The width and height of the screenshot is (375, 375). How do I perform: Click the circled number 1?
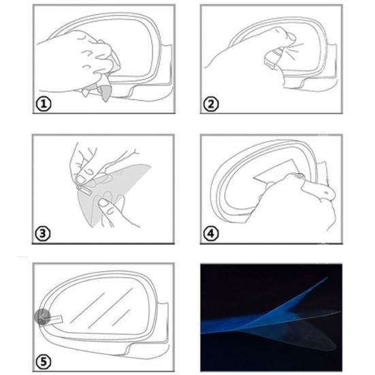pyautogui.click(x=44, y=104)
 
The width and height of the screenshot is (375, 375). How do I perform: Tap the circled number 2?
pyautogui.click(x=211, y=104)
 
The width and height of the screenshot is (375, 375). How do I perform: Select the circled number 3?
pyautogui.click(x=43, y=233)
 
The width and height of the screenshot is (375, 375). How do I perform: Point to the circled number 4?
pyautogui.click(x=211, y=233)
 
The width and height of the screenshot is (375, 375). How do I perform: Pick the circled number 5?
pyautogui.click(x=44, y=361)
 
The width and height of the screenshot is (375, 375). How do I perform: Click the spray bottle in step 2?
pyautogui.click(x=274, y=57)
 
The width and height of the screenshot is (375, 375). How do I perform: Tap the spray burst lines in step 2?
pyautogui.click(x=295, y=50)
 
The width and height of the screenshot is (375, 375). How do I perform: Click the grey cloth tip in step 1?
pyautogui.click(x=105, y=93)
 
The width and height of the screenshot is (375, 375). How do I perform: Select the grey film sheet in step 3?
pyautogui.click(x=112, y=191)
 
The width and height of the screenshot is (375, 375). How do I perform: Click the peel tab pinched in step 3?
pyautogui.click(x=84, y=189)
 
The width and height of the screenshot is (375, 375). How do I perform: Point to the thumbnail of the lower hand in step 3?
pyautogui.click(x=103, y=203)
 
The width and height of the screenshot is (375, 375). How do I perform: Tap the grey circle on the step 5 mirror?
pyautogui.click(x=42, y=317)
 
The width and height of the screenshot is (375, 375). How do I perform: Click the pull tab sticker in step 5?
pyautogui.click(x=52, y=319)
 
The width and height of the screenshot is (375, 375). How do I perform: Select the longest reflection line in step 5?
pyautogui.click(x=111, y=308)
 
